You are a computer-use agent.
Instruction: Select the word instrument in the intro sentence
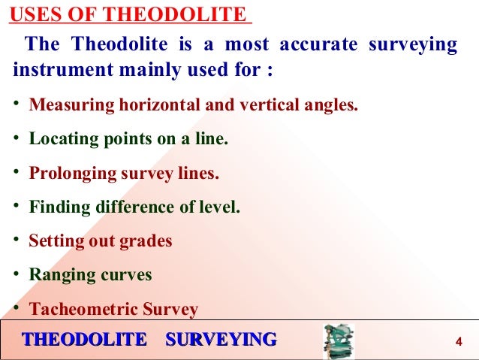pyautogui.click(x=57, y=74)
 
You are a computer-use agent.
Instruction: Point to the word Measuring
pyautogui.click(x=71, y=104)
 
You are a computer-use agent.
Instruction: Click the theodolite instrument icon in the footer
pyautogui.click(x=338, y=341)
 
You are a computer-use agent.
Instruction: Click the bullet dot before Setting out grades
pyautogui.click(x=17, y=241)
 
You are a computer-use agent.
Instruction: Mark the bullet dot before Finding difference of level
pyautogui.click(x=17, y=206)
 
